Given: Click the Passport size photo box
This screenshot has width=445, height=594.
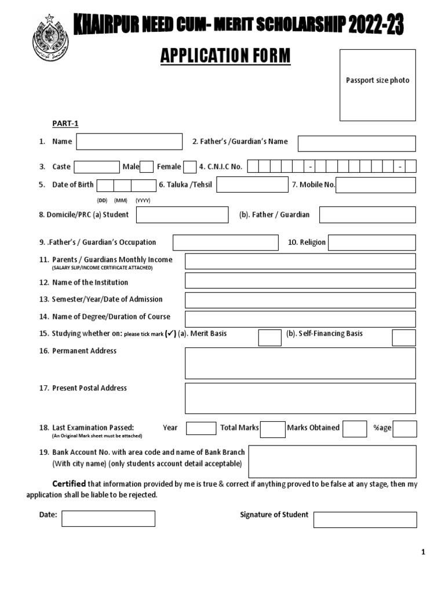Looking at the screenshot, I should click(377, 85).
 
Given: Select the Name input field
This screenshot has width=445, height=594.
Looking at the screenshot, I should click(129, 142).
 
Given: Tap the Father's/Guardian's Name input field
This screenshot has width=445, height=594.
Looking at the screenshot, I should click(356, 143).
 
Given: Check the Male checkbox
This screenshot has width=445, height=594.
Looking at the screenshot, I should click(147, 166).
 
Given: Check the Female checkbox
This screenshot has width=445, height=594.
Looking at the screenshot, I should click(190, 166).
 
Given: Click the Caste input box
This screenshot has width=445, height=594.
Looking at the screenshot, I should click(97, 166).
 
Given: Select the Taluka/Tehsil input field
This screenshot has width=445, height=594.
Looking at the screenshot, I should click(252, 185).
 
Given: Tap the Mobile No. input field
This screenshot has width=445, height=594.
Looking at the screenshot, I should click(375, 185).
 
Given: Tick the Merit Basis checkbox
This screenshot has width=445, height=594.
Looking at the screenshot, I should click(269, 338).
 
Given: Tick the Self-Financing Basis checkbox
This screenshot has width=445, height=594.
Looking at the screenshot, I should click(403, 338).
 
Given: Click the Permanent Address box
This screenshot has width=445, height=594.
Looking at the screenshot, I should click(300, 363).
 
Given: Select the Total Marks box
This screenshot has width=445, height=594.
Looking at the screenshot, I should click(272, 429).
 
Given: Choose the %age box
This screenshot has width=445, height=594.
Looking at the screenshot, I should click(405, 429).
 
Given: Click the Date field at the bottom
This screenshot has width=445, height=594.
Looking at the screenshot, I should click(108, 518).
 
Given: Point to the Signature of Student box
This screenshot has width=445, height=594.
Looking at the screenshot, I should click(365, 520).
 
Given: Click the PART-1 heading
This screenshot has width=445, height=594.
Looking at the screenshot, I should click(65, 124).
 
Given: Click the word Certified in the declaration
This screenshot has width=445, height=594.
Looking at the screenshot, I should click(70, 484).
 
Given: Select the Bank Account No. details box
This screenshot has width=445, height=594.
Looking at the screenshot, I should click(332, 461).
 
